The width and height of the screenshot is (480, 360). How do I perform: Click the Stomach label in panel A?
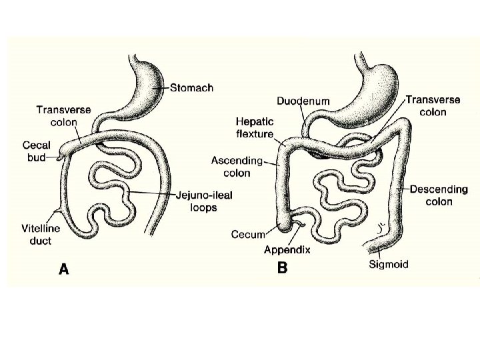[x=191, y=88]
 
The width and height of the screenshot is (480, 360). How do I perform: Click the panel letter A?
[x=64, y=269]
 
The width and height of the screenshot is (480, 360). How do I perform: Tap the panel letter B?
[x=282, y=268]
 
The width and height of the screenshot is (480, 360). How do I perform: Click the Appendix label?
[x=287, y=250]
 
